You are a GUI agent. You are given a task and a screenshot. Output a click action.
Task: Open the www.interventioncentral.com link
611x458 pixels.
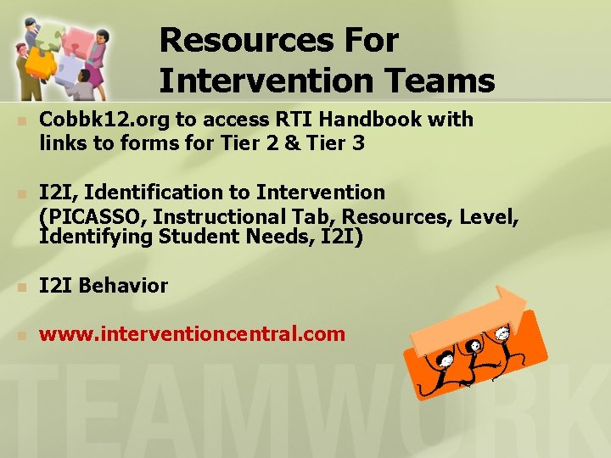click(192, 333)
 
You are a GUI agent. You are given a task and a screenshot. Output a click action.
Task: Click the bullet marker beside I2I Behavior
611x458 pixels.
click(22, 287)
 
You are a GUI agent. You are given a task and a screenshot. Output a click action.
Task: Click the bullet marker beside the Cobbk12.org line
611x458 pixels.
click(22, 120)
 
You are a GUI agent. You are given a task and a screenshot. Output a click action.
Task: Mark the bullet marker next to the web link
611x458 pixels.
click(22, 334)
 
